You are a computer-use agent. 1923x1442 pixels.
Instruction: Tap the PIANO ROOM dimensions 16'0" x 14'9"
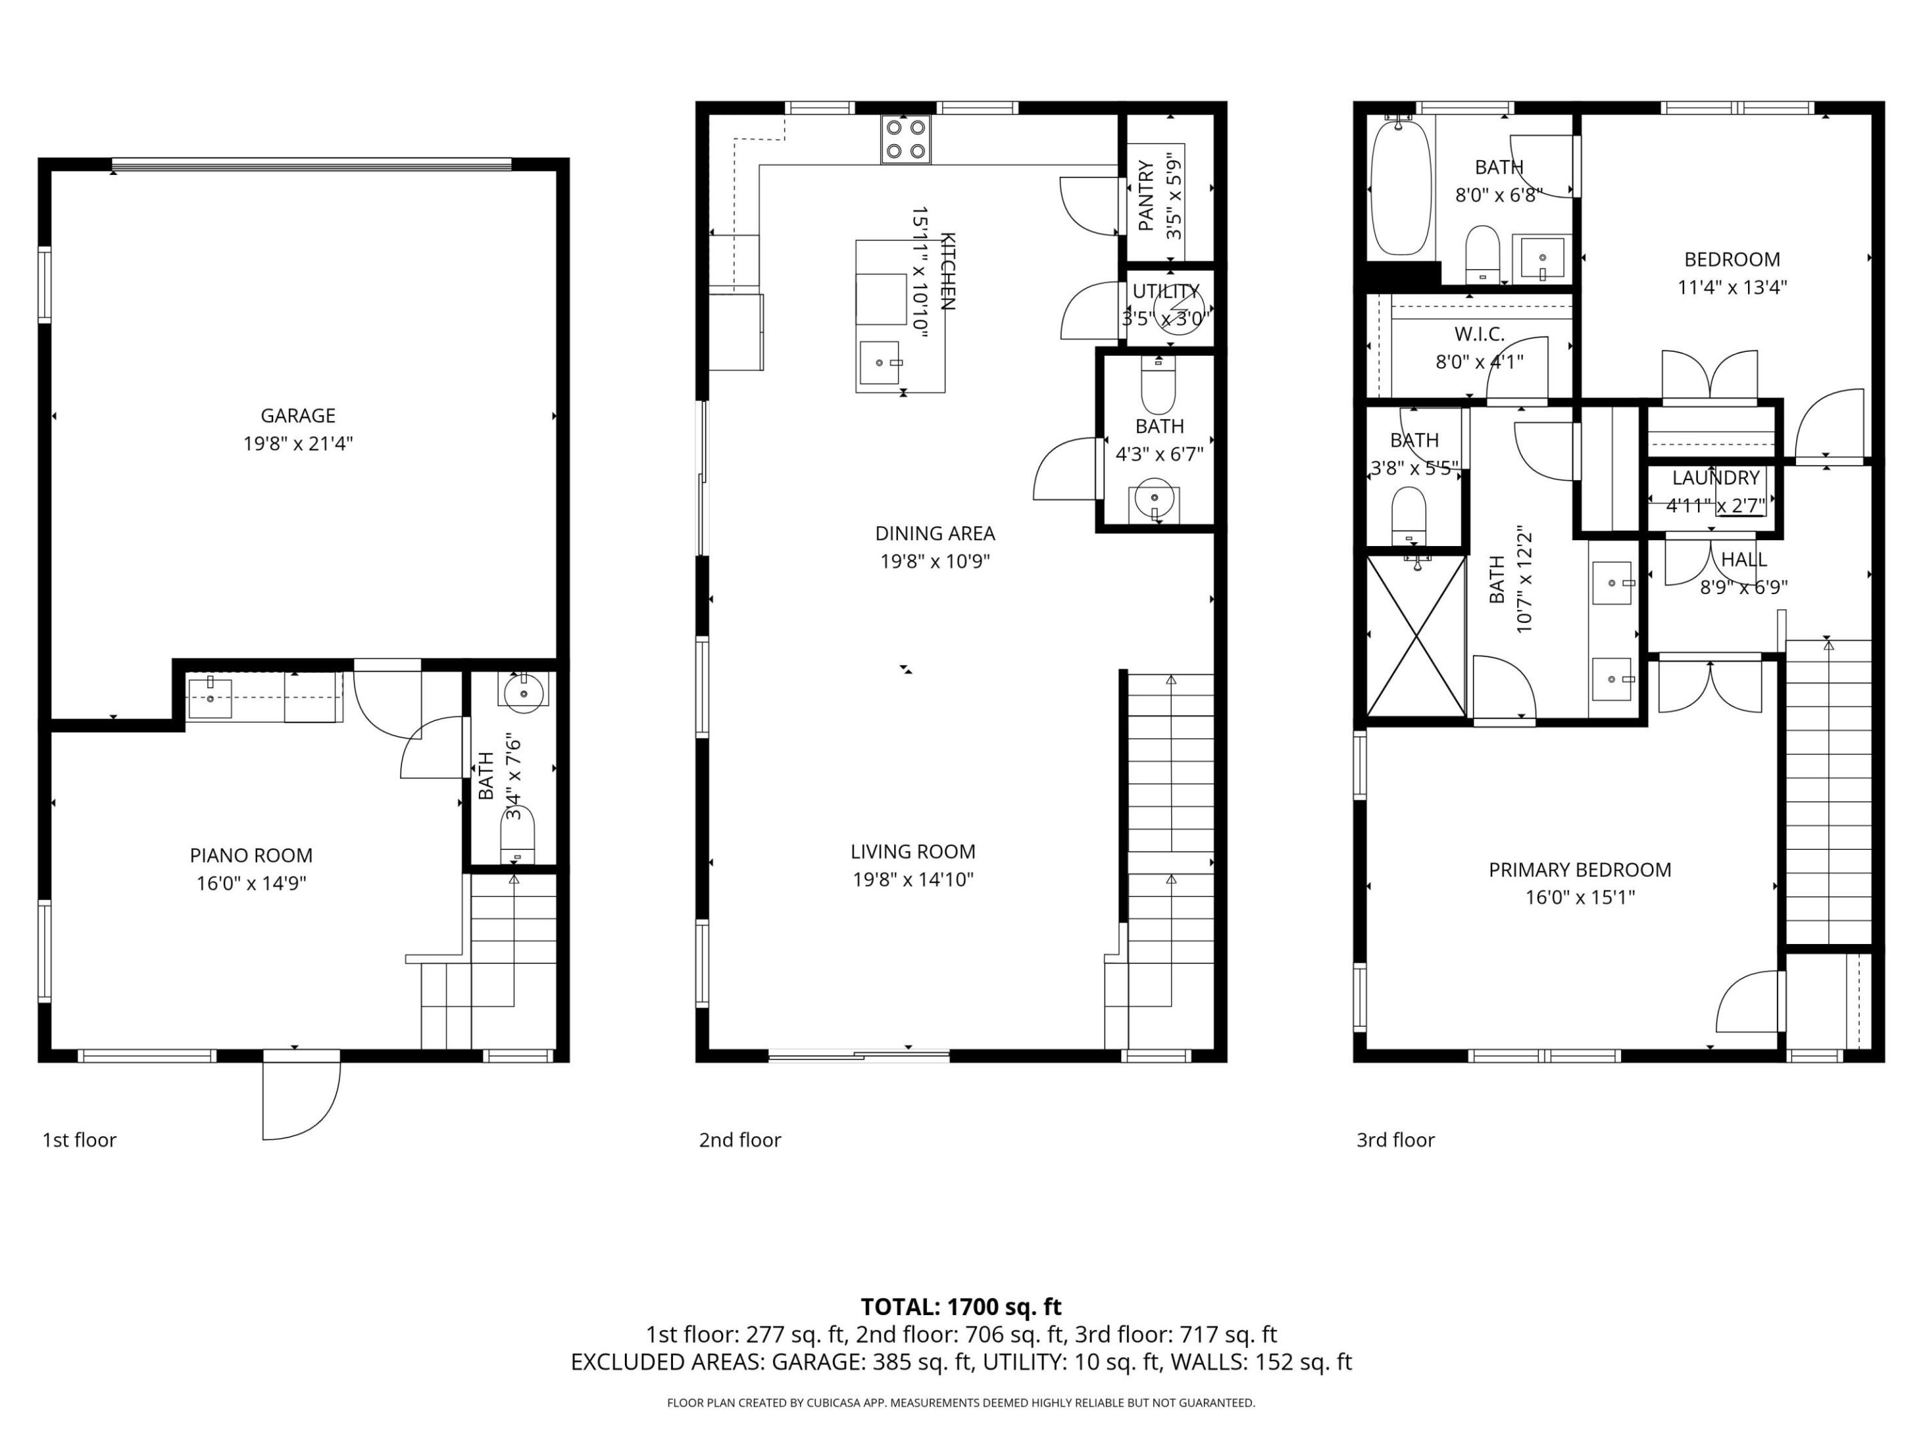click(x=251, y=883)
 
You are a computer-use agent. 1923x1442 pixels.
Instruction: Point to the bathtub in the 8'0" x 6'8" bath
click(x=1400, y=188)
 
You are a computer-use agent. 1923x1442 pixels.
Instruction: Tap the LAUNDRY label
click(x=1715, y=477)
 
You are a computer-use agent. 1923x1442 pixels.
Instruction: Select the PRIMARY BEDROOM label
click(x=1580, y=869)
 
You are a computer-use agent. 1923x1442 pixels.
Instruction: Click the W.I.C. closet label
click(x=1479, y=334)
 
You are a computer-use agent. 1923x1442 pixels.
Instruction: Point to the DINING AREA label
click(x=935, y=533)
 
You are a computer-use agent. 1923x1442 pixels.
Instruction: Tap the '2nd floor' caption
click(x=740, y=1140)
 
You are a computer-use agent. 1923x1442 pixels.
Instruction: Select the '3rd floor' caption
click(x=1396, y=1140)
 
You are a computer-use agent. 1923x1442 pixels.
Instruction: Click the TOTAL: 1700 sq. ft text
click(x=961, y=1306)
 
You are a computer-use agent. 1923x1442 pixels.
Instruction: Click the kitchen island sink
click(x=879, y=363)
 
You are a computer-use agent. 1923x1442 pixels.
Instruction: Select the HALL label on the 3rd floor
click(x=1743, y=559)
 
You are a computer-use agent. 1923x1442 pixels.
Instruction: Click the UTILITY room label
click(x=1165, y=291)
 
